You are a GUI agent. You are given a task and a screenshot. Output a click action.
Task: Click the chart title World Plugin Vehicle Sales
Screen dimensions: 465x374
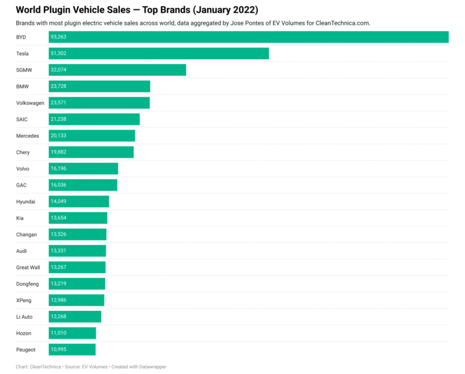click(x=73, y=10)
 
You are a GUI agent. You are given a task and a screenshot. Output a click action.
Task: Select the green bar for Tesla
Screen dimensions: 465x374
click(x=159, y=53)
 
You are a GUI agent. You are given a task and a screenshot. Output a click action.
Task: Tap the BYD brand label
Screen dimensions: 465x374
click(x=21, y=37)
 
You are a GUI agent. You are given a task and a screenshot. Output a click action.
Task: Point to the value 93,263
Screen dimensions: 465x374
click(x=59, y=37)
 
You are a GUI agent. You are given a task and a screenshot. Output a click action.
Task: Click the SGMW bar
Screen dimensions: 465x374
click(x=118, y=70)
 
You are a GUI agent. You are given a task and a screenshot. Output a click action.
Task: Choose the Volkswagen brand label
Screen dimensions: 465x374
click(x=30, y=103)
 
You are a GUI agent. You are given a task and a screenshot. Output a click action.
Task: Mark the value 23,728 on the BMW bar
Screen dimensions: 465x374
click(x=59, y=86)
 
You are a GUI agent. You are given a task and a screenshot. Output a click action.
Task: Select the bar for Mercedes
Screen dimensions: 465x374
click(x=92, y=136)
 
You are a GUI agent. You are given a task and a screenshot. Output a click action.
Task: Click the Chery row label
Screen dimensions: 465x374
click(x=23, y=152)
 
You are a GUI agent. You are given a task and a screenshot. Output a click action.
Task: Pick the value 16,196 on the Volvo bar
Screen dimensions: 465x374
click(x=59, y=168)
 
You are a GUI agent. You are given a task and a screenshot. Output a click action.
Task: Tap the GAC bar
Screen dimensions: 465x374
click(x=83, y=185)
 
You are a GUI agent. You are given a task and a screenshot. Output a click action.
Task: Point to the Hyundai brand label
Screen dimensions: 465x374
click(x=26, y=202)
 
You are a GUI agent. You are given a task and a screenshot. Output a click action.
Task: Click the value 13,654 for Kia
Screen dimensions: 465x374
click(x=59, y=218)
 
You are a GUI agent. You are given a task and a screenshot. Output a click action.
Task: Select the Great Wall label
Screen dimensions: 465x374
click(x=28, y=267)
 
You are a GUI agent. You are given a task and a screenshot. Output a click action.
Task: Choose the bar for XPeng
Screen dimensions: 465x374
click(x=77, y=300)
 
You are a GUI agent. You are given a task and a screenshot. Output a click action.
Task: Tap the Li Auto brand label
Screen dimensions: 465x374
click(x=24, y=317)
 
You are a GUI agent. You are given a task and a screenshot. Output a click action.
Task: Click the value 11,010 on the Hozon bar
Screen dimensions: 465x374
click(x=59, y=333)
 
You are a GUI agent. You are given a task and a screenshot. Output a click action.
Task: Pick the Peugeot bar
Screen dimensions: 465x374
click(x=72, y=349)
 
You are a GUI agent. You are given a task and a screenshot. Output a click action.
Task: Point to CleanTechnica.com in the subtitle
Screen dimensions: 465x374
click(x=343, y=23)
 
